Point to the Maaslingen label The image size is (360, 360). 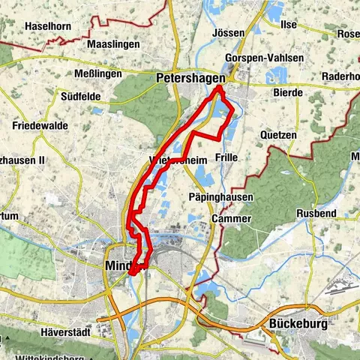coord(113,44)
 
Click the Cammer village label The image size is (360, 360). coord(226,218)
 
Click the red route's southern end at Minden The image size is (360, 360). coord(132,273)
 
